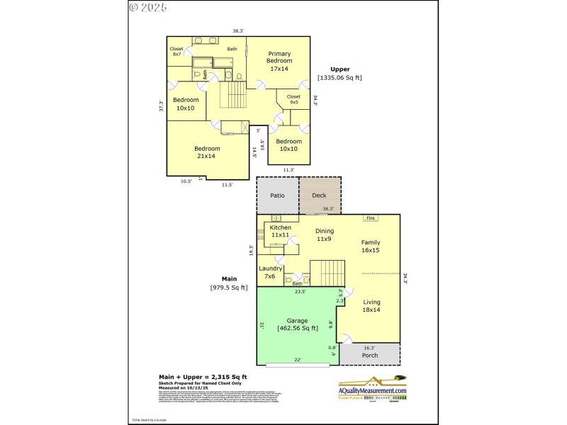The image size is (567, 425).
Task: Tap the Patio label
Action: tap(277, 195)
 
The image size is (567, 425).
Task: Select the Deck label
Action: tap(319, 195)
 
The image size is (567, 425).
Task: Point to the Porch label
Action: tap(370, 355)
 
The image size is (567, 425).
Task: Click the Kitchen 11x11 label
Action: tap(280, 231)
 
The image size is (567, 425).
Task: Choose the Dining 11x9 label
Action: tap(324, 235)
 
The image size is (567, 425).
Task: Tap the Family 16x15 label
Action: tap(371, 246)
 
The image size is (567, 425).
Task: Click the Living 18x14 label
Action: tap(371, 305)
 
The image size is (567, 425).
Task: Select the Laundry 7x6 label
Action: tap(271, 272)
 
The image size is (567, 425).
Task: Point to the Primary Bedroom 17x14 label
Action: tap(279, 61)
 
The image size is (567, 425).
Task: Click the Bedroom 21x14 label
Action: tap(208, 152)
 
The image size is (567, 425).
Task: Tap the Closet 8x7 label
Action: tap(176, 51)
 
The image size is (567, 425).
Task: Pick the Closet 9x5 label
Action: tap(293, 99)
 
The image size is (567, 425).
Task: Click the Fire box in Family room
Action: tap(370, 218)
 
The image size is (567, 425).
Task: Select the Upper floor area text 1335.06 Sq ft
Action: tap(339, 77)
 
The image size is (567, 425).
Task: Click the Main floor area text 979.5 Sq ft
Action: tap(229, 287)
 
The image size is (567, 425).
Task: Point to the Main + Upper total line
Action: tap(202, 377)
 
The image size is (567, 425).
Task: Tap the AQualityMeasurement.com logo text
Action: tap(372, 391)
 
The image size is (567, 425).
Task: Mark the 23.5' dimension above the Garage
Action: tap(300, 291)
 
